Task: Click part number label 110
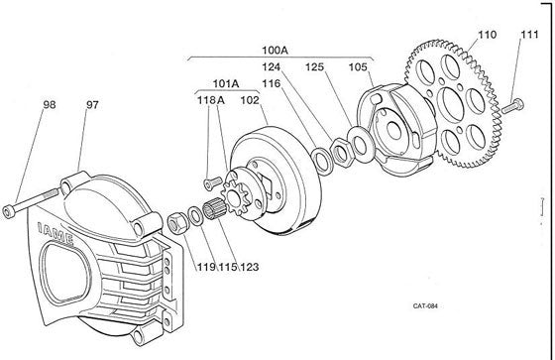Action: (488, 35)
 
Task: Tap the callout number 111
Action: (529, 35)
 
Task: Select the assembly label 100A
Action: (275, 51)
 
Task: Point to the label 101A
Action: (226, 84)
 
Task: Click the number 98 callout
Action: (50, 104)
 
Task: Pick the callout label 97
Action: (92, 105)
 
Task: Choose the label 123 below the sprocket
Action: (250, 267)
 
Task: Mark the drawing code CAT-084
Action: (425, 306)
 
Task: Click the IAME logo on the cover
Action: (55, 233)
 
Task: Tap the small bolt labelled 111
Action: (513, 105)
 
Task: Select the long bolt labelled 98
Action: (31, 202)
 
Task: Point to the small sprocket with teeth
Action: (233, 197)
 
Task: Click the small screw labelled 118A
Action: (212, 182)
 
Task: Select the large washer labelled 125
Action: (359, 144)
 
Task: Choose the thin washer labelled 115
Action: (194, 216)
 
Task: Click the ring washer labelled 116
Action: (322, 160)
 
